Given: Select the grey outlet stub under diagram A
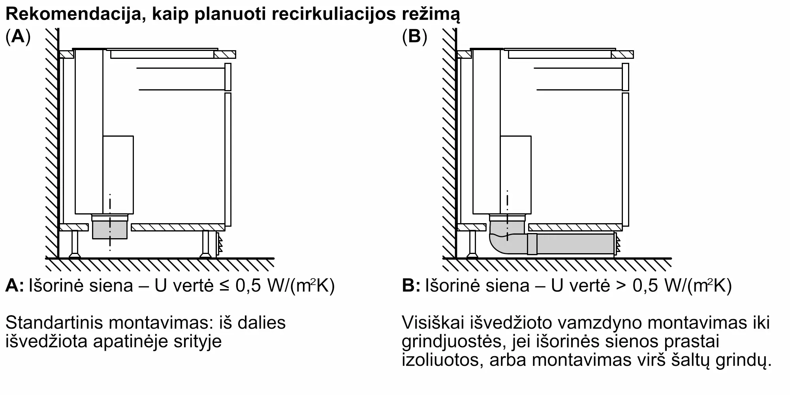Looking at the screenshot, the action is point(110,230).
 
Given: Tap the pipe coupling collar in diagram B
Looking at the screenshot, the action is point(532,244).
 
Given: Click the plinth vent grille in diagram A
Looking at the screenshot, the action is point(218,245).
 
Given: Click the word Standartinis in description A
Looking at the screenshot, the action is point(54,323).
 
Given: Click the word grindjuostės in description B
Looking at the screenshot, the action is point(454,342).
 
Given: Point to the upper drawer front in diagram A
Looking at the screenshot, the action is point(228,77).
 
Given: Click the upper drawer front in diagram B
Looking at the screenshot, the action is point(625,77).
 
